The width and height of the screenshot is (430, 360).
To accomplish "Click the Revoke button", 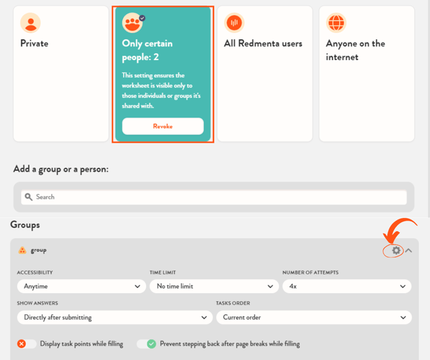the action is coord(163,126).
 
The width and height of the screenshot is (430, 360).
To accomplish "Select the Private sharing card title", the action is coord(34,43).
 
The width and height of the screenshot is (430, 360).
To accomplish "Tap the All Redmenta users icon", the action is coord(234,22).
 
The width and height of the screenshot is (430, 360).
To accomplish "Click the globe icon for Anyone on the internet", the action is coord(336,22).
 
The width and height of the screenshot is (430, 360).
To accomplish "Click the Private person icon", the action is coord(31,22).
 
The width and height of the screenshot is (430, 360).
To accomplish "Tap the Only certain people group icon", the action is coord(132,23).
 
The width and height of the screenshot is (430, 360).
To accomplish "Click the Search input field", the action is coord(214,197).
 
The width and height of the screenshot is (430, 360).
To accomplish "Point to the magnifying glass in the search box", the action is coord(29,197).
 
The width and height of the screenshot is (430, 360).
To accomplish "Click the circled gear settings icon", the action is coord(396,251).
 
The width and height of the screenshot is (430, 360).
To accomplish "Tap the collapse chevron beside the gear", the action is coord(409,251).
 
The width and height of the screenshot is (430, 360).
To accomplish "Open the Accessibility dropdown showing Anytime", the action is coord(81,286).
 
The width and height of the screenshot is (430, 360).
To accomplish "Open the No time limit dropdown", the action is coord(214,286).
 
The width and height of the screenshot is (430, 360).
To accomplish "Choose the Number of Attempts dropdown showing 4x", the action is coord(347,286).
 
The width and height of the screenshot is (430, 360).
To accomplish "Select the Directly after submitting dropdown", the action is coord(114,317).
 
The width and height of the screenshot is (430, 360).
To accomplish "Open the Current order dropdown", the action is coord(314,317).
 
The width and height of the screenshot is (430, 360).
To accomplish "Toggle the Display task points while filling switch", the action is coord(27,344).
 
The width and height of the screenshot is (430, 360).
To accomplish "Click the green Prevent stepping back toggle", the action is coord(146,344).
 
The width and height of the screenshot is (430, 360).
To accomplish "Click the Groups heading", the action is coord(25,225).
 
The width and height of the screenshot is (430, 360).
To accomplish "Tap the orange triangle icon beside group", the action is coord(22,251).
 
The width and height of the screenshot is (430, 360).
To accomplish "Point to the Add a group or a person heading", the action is coord(61,169).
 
